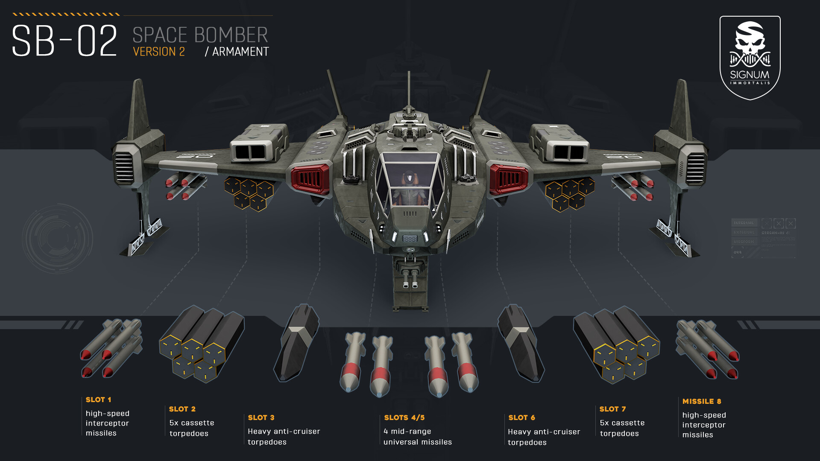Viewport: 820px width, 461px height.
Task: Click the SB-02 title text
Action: [x=64, y=41]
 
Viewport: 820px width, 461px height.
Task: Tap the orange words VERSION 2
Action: [x=158, y=52]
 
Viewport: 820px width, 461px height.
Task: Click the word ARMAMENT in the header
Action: [x=240, y=52]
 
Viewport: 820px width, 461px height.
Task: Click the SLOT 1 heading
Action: [x=98, y=400]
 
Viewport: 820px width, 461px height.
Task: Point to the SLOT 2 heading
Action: [x=182, y=409]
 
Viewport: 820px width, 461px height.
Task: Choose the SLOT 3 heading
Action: [x=261, y=417]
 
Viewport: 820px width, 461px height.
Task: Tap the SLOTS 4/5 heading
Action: [x=404, y=417]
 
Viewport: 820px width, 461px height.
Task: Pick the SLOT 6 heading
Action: [x=521, y=417]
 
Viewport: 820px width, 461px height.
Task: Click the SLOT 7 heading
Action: [x=612, y=409]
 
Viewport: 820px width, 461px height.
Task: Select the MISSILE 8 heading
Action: [x=701, y=401]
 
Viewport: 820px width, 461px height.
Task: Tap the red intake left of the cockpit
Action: [x=310, y=179]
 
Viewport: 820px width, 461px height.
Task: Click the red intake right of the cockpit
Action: [x=509, y=179]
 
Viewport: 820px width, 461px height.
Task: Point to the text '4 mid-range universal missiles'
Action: [x=417, y=437]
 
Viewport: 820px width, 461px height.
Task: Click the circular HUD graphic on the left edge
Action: [x=57, y=239]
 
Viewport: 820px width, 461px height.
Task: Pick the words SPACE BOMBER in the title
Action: [x=200, y=35]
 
